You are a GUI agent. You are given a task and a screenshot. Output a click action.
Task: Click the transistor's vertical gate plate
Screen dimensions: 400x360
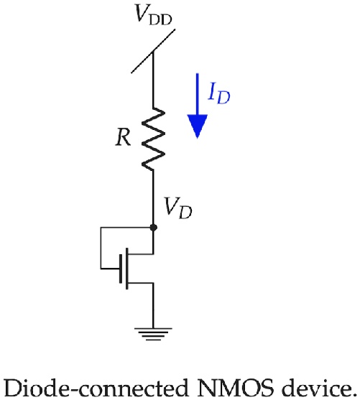tap(126, 269)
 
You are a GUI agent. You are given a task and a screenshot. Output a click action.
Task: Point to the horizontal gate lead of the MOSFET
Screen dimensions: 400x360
tap(112, 269)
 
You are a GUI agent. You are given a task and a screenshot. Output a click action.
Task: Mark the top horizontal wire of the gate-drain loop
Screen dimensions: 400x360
tap(126, 227)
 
